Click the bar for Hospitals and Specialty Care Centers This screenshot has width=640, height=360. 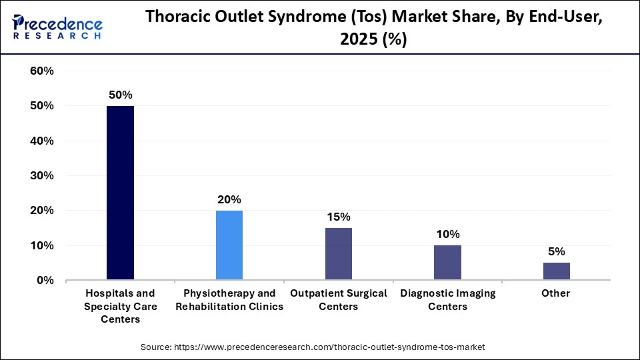(120, 193)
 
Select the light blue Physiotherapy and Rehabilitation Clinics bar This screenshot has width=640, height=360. (229, 245)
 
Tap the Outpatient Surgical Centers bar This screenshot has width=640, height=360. (339, 254)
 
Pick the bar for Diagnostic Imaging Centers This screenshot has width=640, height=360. (447, 263)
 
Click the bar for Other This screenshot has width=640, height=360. (557, 271)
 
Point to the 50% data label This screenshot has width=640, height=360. (120, 95)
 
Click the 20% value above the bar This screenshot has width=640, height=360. (229, 200)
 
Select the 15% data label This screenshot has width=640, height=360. (339, 217)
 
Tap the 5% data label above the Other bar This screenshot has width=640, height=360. (557, 252)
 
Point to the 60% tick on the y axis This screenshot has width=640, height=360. (42, 71)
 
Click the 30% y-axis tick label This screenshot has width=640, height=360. (42, 176)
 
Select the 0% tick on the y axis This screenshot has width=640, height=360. (45, 281)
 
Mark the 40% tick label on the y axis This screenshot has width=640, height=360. (42, 141)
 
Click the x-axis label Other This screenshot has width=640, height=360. (557, 293)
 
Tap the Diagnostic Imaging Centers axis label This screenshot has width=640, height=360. (447, 300)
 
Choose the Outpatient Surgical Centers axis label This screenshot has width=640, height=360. (339, 300)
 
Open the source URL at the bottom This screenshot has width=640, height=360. (313, 347)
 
